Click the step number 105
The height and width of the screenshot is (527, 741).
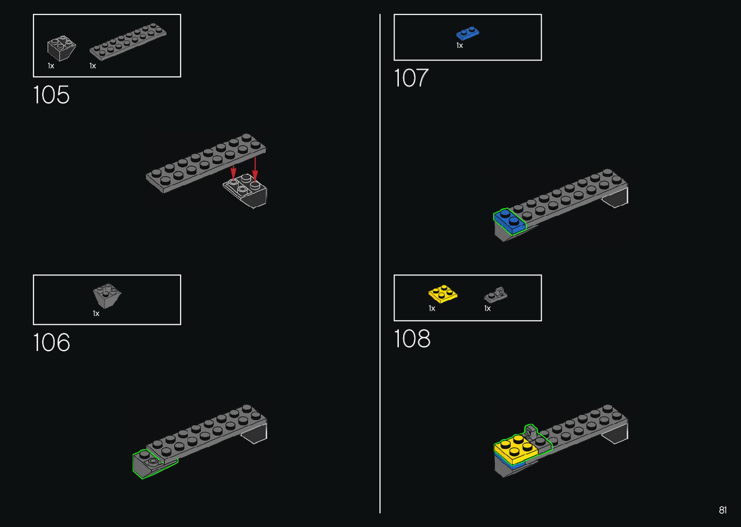51,95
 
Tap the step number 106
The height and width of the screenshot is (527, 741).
51,343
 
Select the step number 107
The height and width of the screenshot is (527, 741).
411,78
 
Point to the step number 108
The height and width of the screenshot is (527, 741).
412,339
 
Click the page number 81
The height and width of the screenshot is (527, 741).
723,510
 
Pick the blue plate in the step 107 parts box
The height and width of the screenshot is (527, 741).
468,33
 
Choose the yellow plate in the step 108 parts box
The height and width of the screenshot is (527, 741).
442,293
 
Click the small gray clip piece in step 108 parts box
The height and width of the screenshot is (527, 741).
496,294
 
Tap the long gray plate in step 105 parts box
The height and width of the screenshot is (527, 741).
128,42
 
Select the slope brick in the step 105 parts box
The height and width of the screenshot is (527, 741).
61,47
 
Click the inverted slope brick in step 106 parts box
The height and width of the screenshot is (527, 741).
107,295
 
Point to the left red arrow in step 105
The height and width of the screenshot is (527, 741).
233,172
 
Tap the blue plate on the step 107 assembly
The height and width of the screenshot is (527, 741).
509,221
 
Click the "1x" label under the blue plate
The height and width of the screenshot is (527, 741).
460,45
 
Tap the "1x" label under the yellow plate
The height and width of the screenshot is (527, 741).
432,308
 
